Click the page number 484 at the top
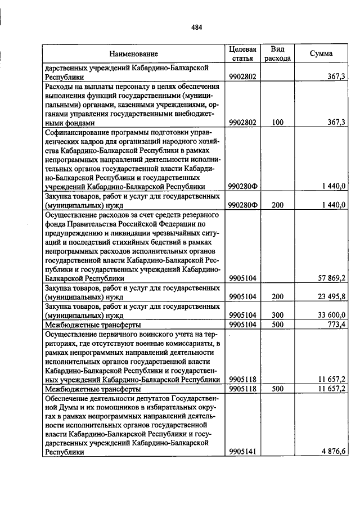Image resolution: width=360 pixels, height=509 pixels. [x=196, y=27]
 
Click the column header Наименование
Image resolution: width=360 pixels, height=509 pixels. [x=133, y=53]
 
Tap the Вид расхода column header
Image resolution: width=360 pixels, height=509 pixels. [x=277, y=53]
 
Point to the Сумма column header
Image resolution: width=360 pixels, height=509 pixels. [x=321, y=53]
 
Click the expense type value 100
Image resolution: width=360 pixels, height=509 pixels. [x=277, y=122]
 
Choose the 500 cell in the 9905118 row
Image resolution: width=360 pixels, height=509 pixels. [x=277, y=389]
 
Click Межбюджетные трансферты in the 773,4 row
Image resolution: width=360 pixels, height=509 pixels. [x=93, y=325]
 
